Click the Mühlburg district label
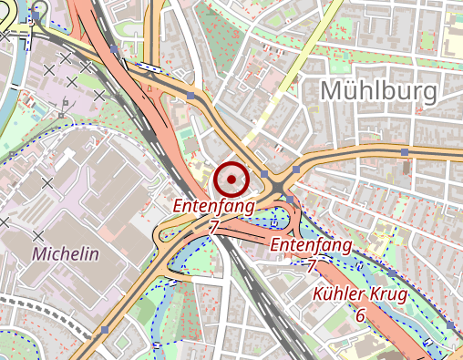point(379,89)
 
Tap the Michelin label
point(65,254)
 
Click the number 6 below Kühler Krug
point(361,315)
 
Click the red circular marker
point(232,179)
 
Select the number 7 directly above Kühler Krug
point(311,266)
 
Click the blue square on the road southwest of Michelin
point(106,329)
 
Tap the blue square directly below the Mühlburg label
point(403,150)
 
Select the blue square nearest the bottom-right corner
point(450,325)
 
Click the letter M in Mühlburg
point(334,89)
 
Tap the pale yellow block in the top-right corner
point(453,41)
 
